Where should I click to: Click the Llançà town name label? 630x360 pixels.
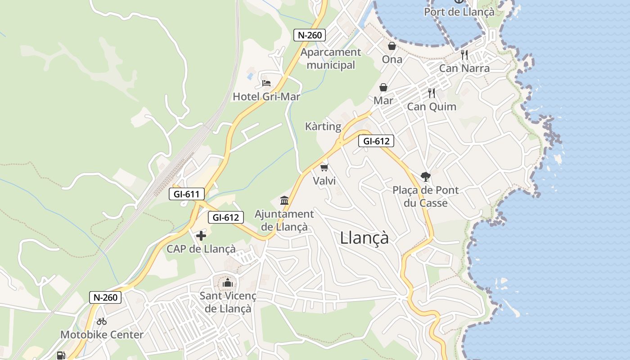[x=364, y=238]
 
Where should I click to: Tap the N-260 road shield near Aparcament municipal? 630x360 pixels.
[x=310, y=35]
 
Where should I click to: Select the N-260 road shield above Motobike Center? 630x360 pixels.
[x=105, y=297]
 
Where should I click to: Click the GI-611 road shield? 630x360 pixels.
[x=187, y=194]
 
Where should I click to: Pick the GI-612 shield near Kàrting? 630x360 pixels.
[x=376, y=141]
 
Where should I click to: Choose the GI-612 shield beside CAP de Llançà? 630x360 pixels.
[x=226, y=217]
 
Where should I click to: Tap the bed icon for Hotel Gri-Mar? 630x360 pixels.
[x=266, y=83]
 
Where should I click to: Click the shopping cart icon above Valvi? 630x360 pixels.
[x=324, y=168]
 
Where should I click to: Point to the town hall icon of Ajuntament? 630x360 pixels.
[x=284, y=200]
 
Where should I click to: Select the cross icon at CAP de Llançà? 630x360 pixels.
[x=201, y=235]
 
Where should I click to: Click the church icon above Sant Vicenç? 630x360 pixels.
[x=228, y=283]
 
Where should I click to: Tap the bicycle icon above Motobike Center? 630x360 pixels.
[x=102, y=321]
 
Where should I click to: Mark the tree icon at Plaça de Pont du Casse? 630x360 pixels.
[x=425, y=176]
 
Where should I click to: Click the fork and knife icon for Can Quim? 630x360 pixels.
[x=432, y=93]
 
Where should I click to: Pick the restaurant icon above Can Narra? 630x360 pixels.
[x=464, y=55]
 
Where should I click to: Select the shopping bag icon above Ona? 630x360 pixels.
[x=392, y=46]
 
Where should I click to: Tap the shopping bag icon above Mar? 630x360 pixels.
[x=383, y=87]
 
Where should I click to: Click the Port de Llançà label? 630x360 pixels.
[x=459, y=12]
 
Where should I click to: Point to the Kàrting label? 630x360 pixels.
[x=323, y=126]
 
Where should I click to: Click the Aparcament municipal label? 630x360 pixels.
[x=331, y=58]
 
